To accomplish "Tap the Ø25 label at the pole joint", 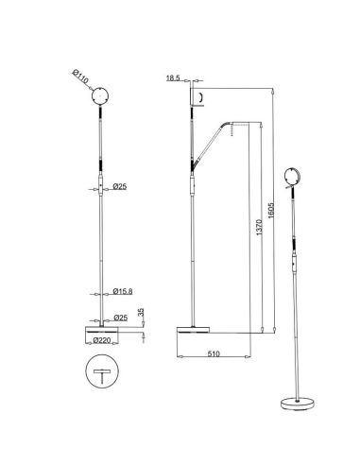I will point(119,186).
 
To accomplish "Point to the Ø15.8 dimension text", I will point(122,290).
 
